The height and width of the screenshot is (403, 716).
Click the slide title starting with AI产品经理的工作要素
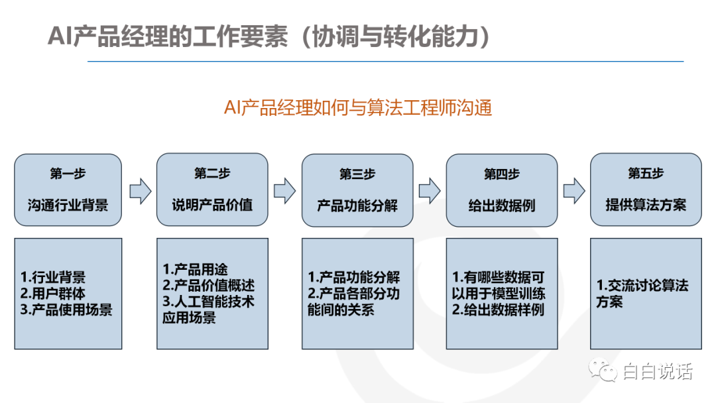(269, 36)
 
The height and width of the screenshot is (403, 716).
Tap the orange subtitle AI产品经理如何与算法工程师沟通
(358, 108)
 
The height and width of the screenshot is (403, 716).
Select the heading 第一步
(68, 174)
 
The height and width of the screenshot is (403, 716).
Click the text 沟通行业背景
(68, 205)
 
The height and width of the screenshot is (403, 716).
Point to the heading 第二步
(212, 174)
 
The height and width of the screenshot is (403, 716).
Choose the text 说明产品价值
(212, 205)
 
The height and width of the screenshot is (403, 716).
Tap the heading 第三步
(357, 174)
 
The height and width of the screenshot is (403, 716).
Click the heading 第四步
(501, 174)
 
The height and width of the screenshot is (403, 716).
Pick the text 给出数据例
(501, 205)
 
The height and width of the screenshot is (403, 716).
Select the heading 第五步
(646, 174)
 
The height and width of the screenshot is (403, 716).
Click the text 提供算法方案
(646, 205)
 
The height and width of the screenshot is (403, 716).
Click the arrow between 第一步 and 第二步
(140, 191)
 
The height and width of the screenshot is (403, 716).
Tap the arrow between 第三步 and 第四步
(429, 191)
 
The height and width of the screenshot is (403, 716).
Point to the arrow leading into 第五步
(574, 191)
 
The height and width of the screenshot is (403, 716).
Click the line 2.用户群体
(52, 293)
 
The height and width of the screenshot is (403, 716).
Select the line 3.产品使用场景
(66, 310)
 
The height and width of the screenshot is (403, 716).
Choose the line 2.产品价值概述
(209, 285)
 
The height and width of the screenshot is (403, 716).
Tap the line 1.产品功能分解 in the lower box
(354, 277)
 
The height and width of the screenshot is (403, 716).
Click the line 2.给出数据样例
(498, 310)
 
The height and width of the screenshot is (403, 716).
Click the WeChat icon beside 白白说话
(603, 371)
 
